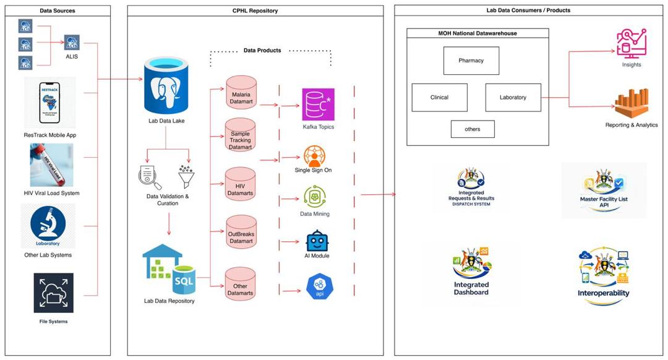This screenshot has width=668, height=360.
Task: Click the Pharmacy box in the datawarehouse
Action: coord(471,61)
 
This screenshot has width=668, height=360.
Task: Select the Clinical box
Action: coord(439,97)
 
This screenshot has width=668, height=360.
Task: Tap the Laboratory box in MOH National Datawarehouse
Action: coord(513,97)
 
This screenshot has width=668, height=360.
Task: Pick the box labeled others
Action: coord(473,129)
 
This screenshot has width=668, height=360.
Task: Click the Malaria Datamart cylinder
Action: coord(241,95)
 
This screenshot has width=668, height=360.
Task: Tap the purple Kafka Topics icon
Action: coord(318,105)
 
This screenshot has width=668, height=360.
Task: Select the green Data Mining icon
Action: coord(314,197)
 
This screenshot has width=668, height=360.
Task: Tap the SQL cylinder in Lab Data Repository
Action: coord(185,280)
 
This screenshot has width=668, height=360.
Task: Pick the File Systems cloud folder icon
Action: coord(53,293)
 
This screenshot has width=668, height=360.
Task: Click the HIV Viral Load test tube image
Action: coord(51,165)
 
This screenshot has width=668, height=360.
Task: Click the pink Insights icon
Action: coord(631,43)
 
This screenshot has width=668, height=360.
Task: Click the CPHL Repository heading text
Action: coord(255,11)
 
